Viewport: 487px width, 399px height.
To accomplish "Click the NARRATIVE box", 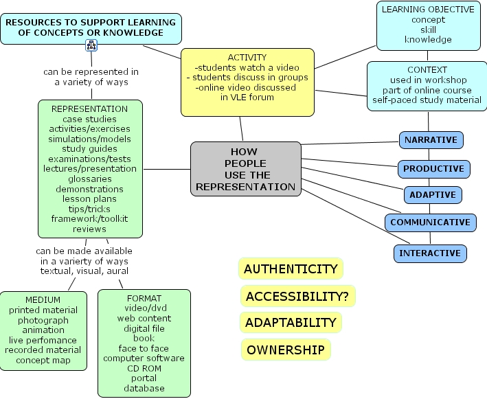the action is click(431, 140).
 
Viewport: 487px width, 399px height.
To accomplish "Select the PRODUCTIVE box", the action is click(434, 169).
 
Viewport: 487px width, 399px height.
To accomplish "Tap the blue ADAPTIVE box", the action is click(433, 195).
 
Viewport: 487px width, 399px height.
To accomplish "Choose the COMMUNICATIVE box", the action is click(431, 223).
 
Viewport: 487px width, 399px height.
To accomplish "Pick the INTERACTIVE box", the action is click(430, 253).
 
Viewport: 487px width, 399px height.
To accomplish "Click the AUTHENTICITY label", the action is click(291, 269).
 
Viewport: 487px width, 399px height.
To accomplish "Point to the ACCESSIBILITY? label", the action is click(297, 296).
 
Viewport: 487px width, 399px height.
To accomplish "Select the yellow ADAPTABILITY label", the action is click(291, 323).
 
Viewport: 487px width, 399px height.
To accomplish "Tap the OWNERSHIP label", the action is click(286, 350).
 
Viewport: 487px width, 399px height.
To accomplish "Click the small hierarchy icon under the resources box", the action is click(91, 45).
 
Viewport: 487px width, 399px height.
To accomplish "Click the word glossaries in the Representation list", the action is click(90, 179).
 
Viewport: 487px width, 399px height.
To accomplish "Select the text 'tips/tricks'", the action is click(89, 209).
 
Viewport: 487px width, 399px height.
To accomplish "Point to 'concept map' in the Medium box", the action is click(43, 360).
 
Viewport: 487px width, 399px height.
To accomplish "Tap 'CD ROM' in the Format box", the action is click(144, 369).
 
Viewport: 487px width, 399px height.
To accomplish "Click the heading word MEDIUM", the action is click(43, 300).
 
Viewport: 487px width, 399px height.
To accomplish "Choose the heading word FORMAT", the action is click(144, 299).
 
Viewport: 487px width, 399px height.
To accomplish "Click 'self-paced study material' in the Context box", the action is click(427, 100).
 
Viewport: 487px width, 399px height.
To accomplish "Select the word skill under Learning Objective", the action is click(429, 30).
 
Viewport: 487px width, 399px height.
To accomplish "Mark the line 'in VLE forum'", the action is click(247, 98).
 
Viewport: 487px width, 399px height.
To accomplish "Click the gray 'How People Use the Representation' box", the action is click(246, 169).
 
